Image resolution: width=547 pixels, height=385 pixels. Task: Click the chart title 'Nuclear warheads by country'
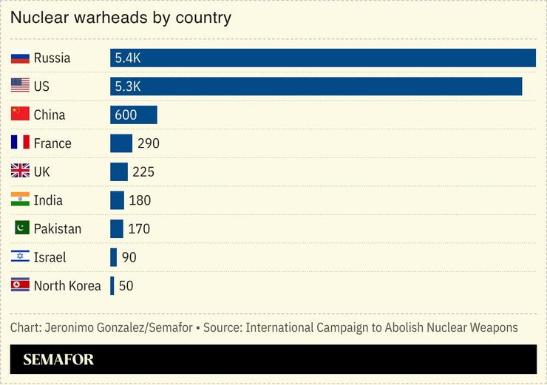pos(120,17)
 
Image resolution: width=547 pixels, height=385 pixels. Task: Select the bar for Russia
pos(322,58)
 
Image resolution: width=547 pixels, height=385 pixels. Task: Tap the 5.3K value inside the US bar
pos(127,86)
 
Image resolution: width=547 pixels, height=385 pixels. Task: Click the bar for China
pos(133,115)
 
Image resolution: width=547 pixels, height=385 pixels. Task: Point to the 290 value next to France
pos(148,143)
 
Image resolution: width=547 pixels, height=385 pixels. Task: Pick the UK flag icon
pos(20,171)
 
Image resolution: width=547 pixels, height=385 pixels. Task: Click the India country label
pos(48,200)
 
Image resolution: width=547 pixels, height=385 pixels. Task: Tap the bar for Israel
pos(113,257)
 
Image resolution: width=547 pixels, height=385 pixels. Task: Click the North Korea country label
pos(67,286)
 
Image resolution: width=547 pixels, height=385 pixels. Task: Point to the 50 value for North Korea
pos(126,286)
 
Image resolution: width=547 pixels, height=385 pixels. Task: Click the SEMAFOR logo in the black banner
pos(58,360)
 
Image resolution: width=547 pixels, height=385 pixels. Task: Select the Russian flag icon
pos(20,58)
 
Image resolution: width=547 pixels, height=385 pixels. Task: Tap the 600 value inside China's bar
pos(126,115)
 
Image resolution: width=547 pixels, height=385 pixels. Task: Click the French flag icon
pos(20,143)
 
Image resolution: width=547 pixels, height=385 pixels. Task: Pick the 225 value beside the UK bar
pos(143,171)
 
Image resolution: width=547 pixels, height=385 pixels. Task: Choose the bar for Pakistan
pos(117,228)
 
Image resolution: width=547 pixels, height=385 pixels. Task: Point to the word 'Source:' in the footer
pos(222,327)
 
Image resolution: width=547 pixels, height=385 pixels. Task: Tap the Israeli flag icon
pos(20,257)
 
